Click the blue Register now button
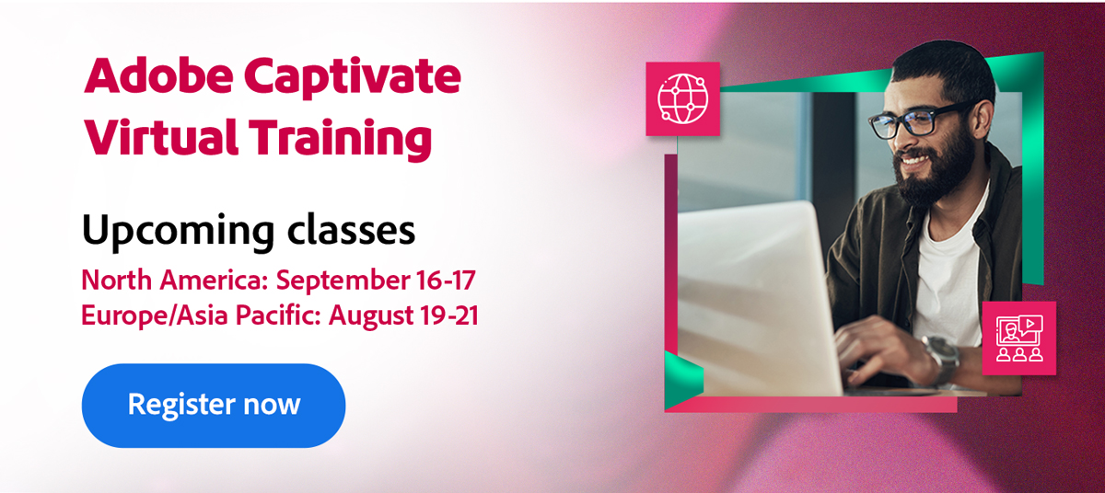click(x=214, y=406)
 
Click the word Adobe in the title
click(x=158, y=76)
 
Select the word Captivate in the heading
click(x=353, y=78)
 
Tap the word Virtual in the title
click(x=161, y=137)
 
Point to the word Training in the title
click(x=341, y=140)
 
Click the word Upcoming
click(x=178, y=232)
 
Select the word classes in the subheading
click(x=351, y=230)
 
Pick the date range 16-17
click(x=446, y=280)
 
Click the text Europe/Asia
click(x=155, y=315)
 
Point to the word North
click(x=116, y=280)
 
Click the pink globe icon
click(x=682, y=98)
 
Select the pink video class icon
click(x=1019, y=338)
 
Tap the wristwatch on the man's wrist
click(x=943, y=359)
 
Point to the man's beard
click(x=932, y=167)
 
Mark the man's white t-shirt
click(x=948, y=276)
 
